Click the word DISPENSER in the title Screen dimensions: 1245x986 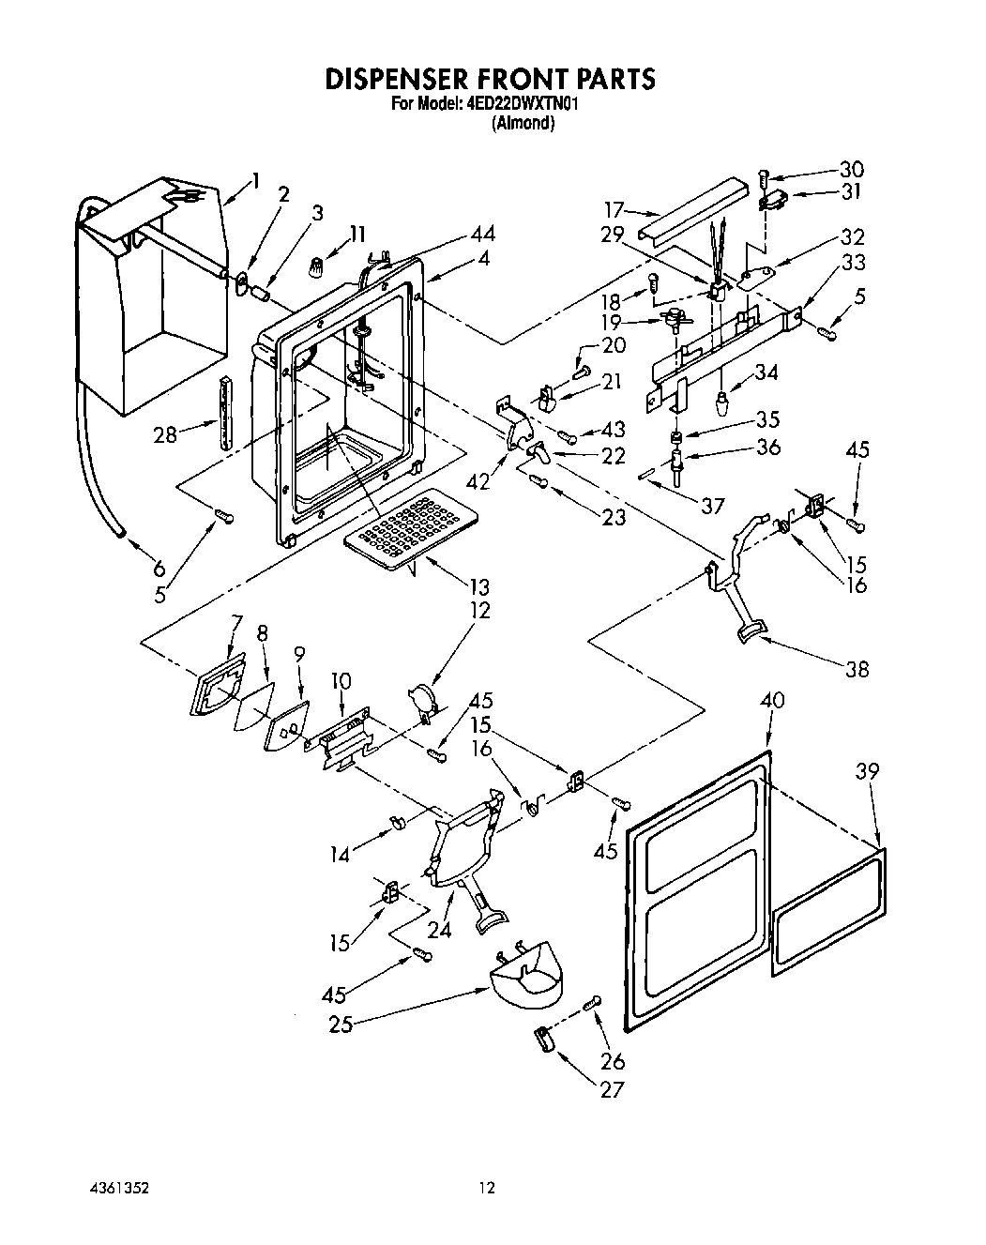pyautogui.click(x=403, y=79)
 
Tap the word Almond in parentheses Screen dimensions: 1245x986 pyautogui.click(x=523, y=123)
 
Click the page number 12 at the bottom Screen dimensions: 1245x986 pyautogui.click(x=486, y=1188)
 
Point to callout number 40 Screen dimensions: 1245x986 pyautogui.click(x=773, y=700)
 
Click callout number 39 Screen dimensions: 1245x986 pyautogui.click(x=868, y=771)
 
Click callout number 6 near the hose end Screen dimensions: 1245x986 pyautogui.click(x=158, y=568)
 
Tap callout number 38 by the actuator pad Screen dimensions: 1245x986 pyautogui.click(x=857, y=669)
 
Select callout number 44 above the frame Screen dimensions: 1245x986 pyautogui.click(x=484, y=234)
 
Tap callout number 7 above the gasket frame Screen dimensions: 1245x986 pyautogui.click(x=236, y=622)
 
